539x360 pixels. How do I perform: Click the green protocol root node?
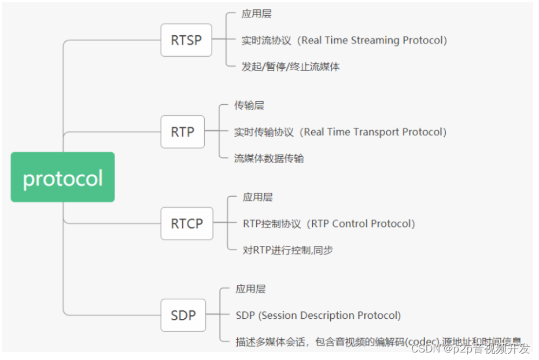[x=62, y=177]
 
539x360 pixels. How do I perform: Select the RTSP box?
[x=186, y=40]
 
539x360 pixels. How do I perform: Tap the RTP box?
[x=182, y=132]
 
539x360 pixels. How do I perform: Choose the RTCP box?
[x=187, y=223]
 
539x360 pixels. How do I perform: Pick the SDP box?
[x=183, y=315]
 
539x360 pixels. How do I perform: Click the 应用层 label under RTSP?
[x=256, y=14]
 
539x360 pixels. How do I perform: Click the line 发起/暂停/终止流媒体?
[x=290, y=67]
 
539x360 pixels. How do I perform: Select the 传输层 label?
[x=249, y=105]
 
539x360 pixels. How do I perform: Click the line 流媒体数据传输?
[x=268, y=159]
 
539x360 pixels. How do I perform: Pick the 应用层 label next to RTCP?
[x=257, y=197]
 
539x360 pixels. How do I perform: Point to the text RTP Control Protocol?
[x=363, y=224]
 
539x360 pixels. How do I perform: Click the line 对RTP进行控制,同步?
[x=287, y=250]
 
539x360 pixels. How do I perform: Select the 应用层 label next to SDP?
[x=250, y=289]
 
